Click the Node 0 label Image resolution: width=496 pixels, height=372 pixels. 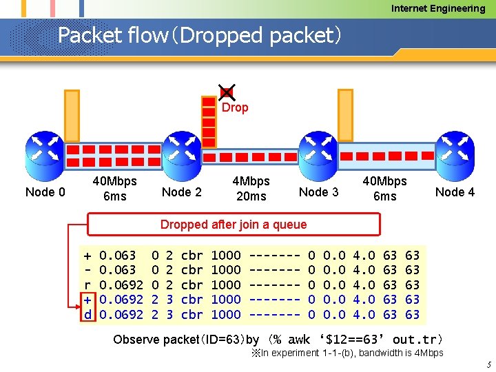coord(45,192)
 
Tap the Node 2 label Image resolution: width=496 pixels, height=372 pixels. coord(180,192)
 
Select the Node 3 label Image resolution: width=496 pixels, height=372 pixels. coord(318,192)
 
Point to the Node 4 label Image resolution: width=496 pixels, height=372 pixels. coord(455,192)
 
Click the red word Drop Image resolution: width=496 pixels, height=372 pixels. coord(235,107)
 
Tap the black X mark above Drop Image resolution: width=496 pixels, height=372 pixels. coord(226,92)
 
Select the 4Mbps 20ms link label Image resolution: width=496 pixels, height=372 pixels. coord(251,188)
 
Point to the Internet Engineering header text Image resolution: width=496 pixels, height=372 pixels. coord(438,8)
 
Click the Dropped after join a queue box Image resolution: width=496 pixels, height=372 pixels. coord(234,224)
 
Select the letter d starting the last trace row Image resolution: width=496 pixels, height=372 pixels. coord(87,314)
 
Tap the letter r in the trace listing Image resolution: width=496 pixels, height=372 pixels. coord(87,285)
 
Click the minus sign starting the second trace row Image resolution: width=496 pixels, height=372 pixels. coord(87,269)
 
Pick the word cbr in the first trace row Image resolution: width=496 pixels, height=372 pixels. coord(192,255)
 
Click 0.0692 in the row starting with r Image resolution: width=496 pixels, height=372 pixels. coord(121,285)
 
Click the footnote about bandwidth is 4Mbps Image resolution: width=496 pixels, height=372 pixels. coord(347,353)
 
